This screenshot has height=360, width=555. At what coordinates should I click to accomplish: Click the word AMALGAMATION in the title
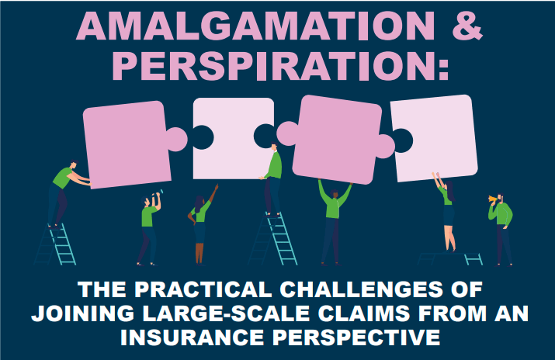coord(255,26)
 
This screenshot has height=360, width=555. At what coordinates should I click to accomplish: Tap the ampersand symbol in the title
coord(467,26)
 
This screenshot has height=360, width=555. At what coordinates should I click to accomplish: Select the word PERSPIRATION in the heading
coord(280,66)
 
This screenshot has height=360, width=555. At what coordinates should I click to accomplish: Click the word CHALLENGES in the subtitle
coord(361,289)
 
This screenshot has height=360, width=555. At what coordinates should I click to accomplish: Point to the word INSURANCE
coord(192,337)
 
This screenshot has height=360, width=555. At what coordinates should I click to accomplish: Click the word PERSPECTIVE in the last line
coord(356,337)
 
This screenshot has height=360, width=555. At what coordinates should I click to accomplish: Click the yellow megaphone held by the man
coord(493,199)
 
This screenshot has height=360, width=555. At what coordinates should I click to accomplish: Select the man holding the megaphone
coord(501,229)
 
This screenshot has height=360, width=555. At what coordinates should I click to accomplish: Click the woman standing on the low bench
coord(446,212)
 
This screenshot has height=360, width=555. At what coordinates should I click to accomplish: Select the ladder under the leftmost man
coord(56,244)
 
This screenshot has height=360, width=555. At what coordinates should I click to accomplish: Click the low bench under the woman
coord(450,258)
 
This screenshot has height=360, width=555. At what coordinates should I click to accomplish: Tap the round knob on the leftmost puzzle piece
coord(177,139)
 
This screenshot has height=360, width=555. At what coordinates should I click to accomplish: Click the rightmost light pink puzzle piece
coord(435,138)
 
